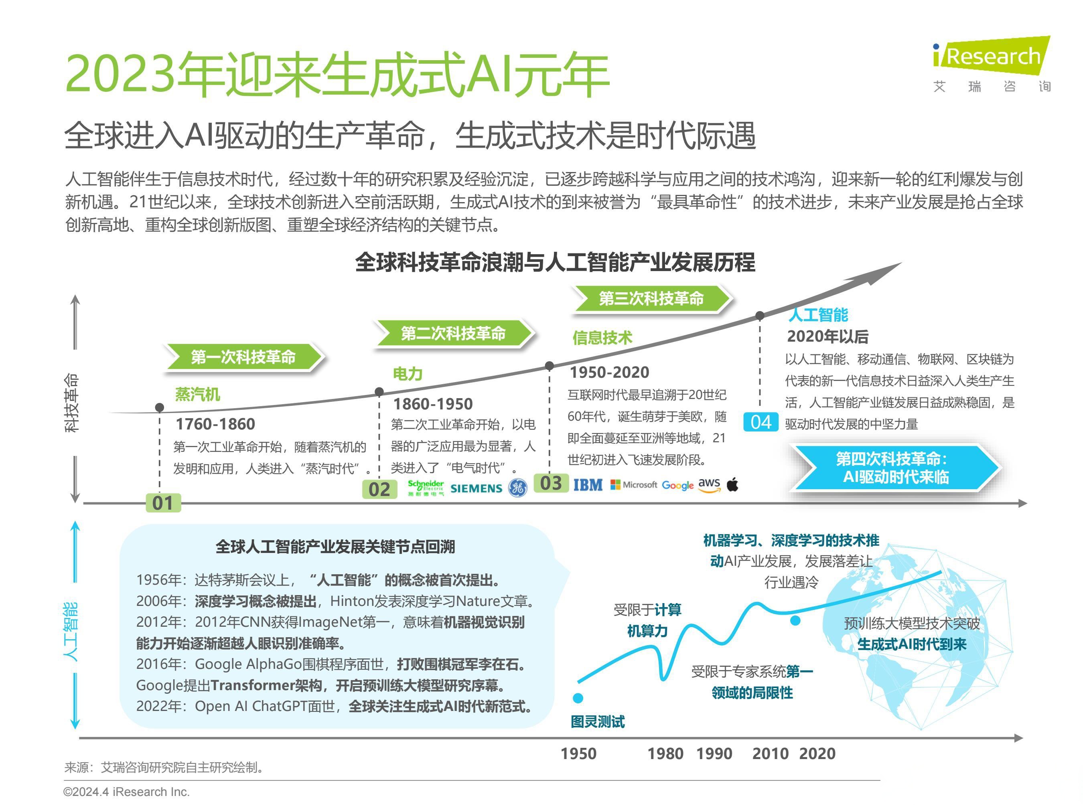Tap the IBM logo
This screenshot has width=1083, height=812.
pyautogui.click(x=588, y=485)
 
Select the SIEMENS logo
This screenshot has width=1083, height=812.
pyautogui.click(x=476, y=488)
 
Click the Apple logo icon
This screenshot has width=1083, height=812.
pyautogui.click(x=732, y=484)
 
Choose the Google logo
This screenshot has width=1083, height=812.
pyautogui.click(x=677, y=485)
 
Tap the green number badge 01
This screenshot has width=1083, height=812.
pyautogui.click(x=163, y=503)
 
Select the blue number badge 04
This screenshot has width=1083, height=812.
pyautogui.click(x=761, y=422)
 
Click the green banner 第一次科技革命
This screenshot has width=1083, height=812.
pyautogui.click(x=243, y=357)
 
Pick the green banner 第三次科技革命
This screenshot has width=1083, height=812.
pyautogui.click(x=651, y=298)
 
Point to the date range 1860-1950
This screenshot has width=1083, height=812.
pyautogui.click(x=433, y=404)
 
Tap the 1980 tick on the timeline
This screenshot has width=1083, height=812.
pyautogui.click(x=665, y=753)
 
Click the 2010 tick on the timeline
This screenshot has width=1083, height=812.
pyautogui.click(x=770, y=753)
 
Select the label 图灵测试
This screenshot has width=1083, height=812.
pyautogui.click(x=597, y=721)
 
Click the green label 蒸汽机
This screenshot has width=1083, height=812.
pyautogui.click(x=197, y=394)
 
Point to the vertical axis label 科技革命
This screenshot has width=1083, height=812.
pyautogui.click(x=71, y=403)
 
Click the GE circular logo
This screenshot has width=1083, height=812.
pyautogui.click(x=517, y=488)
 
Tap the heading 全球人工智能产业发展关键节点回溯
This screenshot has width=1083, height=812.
pyautogui.click(x=335, y=546)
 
